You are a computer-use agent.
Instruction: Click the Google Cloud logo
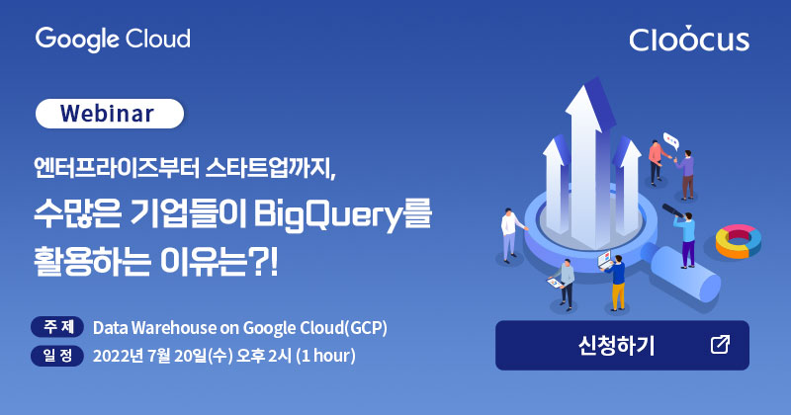[113, 40]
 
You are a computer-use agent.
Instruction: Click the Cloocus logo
[689, 39]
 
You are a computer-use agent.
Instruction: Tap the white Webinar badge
[110, 114]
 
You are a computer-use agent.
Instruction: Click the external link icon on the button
[720, 345]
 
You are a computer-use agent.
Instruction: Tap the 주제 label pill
[57, 327]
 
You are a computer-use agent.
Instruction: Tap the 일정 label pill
[57, 356]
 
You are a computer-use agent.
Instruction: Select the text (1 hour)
[325, 356]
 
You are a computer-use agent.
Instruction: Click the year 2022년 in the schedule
[118, 356]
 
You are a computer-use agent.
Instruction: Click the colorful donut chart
[738, 241]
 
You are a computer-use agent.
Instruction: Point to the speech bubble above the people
[671, 140]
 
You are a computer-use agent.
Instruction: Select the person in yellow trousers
[615, 283]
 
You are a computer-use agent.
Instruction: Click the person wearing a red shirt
[657, 162]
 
